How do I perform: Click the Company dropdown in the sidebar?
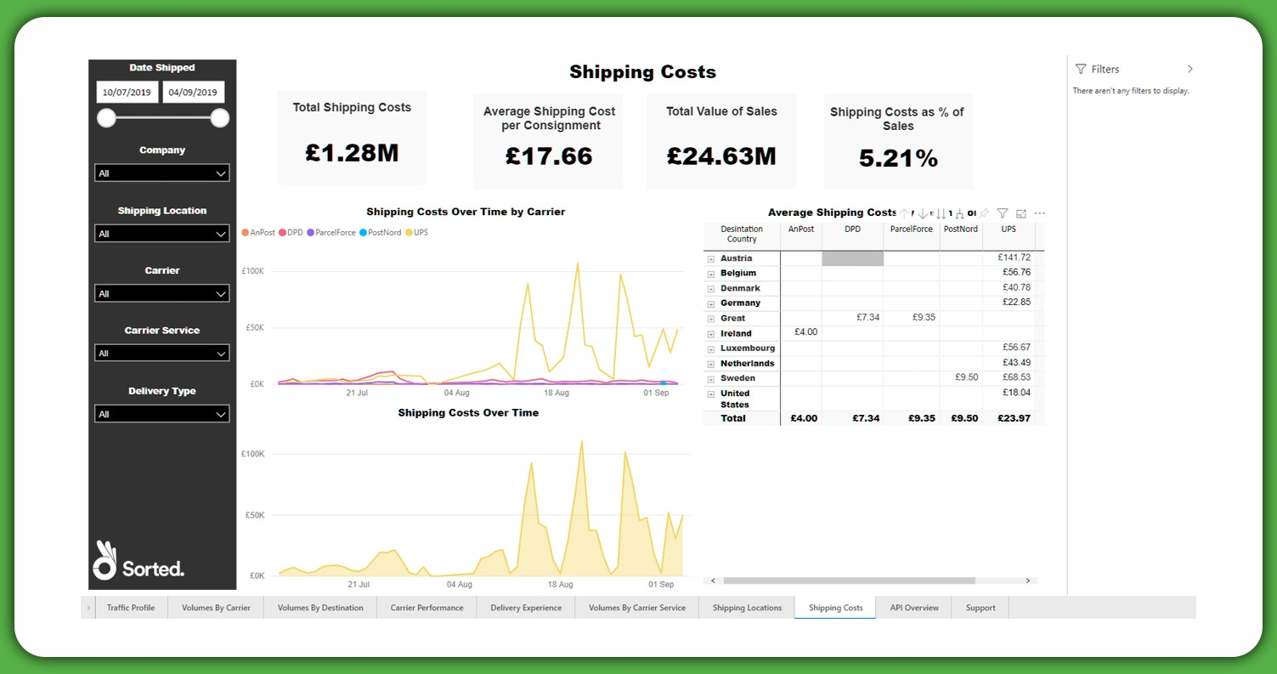pos(161,173)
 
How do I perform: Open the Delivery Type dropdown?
pos(161,414)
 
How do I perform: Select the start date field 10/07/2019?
pos(127,93)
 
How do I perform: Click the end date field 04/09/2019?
pos(193,93)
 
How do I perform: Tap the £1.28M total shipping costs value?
pos(352,153)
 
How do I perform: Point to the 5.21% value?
pos(897,158)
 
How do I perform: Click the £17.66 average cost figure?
pos(548,156)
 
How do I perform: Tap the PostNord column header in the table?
pos(960,229)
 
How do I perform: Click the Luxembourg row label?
pos(747,348)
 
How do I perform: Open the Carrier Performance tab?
pos(427,608)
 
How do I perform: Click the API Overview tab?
pos(913,608)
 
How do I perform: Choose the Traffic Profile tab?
pos(131,608)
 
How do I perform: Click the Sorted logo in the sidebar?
pos(138,562)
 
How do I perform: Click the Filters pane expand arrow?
pos(1189,70)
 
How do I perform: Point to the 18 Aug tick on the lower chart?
pos(560,585)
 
